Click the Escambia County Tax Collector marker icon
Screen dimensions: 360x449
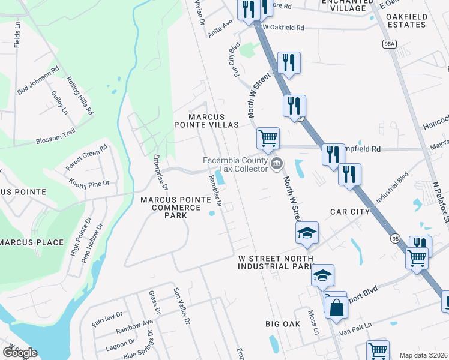click(x=277, y=164)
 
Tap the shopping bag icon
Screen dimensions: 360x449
click(x=337, y=307)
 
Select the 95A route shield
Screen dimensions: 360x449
click(x=390, y=44)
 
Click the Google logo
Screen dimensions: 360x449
click(x=20, y=352)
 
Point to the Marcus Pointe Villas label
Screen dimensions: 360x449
click(x=206, y=121)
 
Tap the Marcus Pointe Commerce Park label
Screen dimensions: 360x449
click(x=170, y=207)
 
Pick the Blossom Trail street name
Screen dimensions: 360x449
click(x=56, y=139)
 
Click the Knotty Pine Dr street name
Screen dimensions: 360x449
click(x=89, y=182)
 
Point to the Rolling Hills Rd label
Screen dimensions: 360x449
click(x=80, y=96)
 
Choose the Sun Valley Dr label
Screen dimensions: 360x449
click(x=181, y=305)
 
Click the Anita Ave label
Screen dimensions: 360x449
click(x=220, y=29)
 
